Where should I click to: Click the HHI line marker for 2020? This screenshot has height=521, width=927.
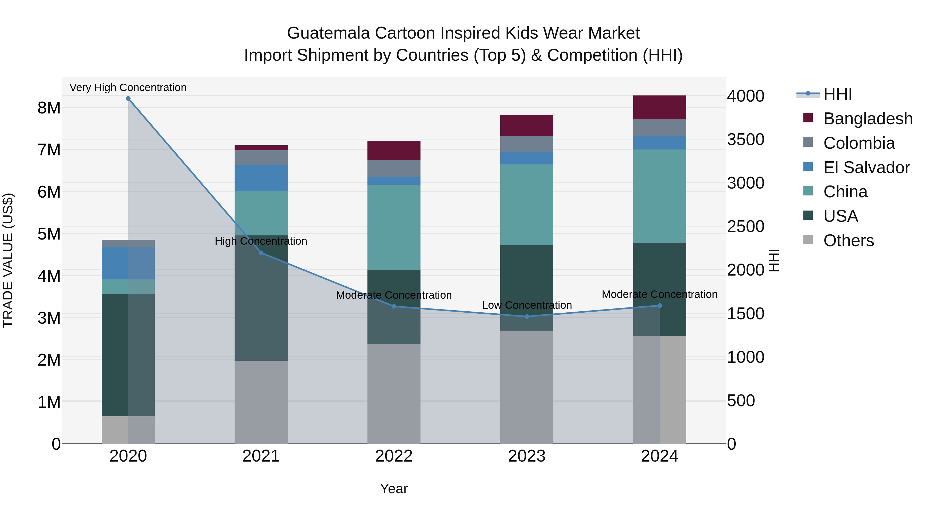[x=128, y=99]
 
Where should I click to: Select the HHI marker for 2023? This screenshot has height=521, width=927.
[x=527, y=316]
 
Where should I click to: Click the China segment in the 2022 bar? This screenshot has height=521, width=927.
[x=394, y=227]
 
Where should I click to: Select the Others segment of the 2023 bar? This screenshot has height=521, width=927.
[x=527, y=387]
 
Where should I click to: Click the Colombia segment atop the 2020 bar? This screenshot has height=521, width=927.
[x=128, y=243]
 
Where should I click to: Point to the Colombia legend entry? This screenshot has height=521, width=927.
[x=859, y=143]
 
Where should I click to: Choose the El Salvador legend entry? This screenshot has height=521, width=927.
[x=866, y=167]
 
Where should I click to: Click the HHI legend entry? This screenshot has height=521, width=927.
[x=837, y=94]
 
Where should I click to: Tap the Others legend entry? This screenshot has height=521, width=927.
[x=848, y=241]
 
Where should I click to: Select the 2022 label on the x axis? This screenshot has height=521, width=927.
[x=394, y=456]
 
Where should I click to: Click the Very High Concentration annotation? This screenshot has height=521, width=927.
[x=128, y=87]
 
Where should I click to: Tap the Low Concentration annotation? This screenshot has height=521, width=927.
[x=527, y=305]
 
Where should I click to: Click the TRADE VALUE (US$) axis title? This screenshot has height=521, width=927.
[x=8, y=260]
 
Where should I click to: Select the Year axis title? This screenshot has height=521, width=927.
[x=394, y=489]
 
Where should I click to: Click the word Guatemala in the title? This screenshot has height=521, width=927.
[x=328, y=33]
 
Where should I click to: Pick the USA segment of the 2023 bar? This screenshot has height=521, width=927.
[x=527, y=288]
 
